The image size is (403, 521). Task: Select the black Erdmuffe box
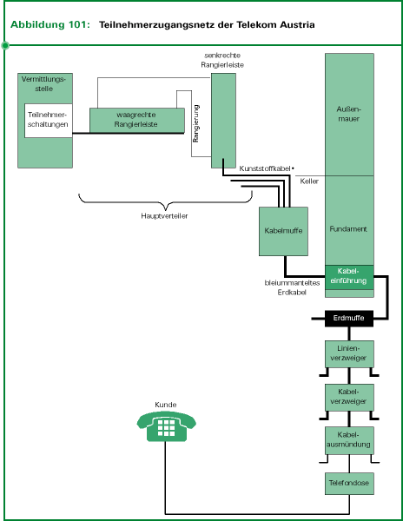click(x=349, y=319)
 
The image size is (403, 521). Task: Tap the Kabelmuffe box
click(x=285, y=231)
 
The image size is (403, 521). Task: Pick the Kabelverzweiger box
click(x=349, y=396)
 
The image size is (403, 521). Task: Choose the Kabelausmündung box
click(x=349, y=439)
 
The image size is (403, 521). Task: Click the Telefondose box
click(x=349, y=483)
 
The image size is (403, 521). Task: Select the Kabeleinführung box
click(x=349, y=276)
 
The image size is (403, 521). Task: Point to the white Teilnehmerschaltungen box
click(x=48, y=119)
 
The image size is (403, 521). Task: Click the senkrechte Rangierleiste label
click(x=215, y=61)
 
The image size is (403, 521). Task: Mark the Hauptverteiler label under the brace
click(x=164, y=215)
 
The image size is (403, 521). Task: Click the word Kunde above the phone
click(x=165, y=405)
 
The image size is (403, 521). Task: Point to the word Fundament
click(x=348, y=229)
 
